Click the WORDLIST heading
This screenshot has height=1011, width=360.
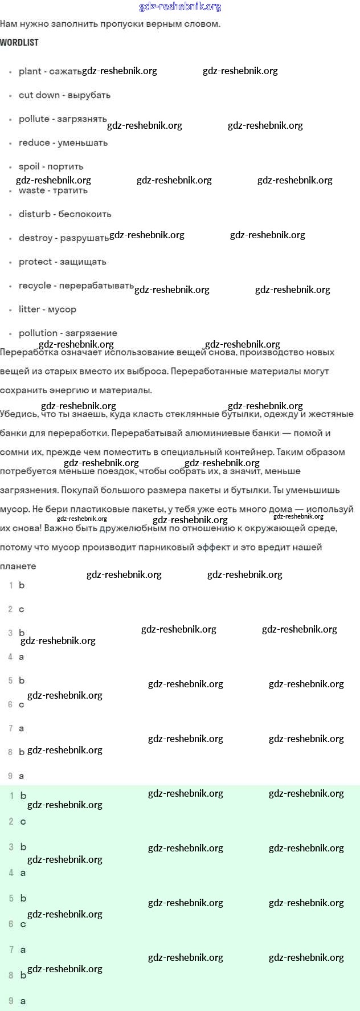pos(19,43)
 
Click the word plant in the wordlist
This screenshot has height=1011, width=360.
pos(30,72)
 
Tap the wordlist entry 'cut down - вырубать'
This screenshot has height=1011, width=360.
pos(64,95)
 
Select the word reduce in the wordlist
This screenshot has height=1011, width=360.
pos(34,143)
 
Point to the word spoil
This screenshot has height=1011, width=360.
pos(29,167)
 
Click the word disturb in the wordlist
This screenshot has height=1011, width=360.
pos(35,214)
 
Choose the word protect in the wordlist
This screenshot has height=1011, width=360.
pos(35,262)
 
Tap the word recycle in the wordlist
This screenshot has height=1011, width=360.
pos(35,286)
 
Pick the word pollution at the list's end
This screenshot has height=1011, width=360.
pos(38,333)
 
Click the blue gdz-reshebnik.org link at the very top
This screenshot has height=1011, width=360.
pos(180,7)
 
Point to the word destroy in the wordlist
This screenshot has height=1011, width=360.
pos(35,238)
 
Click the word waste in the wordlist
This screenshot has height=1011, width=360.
pos(32,191)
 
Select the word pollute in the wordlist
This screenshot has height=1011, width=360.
pos(34,119)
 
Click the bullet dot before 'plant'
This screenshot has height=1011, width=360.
pos(11,72)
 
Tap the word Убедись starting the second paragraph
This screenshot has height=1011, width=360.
pos(18,414)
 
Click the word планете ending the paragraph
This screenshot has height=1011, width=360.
pos(18,566)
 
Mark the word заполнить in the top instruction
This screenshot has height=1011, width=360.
pos(77,24)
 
